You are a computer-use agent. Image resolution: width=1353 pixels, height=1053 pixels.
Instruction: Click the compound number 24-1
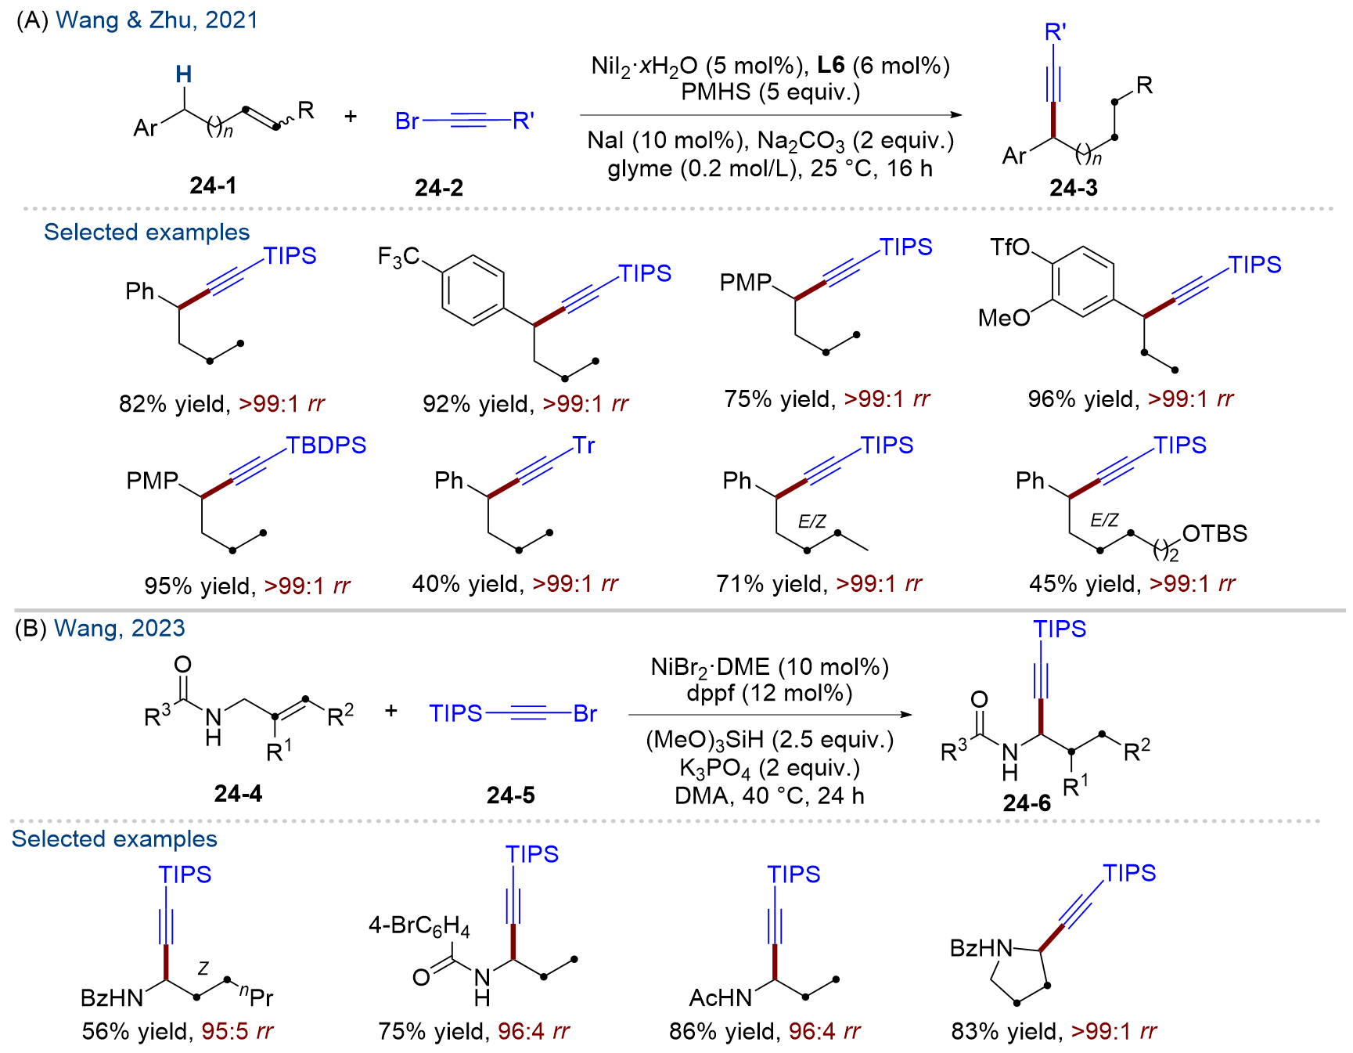tap(213, 186)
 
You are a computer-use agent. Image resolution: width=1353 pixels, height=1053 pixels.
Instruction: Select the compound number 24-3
tap(1074, 188)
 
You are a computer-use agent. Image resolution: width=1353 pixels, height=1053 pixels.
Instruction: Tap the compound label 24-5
tap(511, 795)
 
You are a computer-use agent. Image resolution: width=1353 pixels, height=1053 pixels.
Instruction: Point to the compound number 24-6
tap(1027, 803)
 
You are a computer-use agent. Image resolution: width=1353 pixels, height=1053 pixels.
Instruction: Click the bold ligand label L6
tap(831, 65)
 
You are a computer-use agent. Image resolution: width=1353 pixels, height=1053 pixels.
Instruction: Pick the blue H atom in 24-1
tap(184, 74)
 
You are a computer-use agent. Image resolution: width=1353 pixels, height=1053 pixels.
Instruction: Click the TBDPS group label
tap(326, 445)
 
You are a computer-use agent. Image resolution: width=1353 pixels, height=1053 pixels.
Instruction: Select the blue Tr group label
tap(584, 445)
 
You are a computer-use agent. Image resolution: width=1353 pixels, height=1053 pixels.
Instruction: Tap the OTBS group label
tap(1214, 534)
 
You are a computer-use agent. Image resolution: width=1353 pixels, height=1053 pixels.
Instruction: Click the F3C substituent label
tap(399, 257)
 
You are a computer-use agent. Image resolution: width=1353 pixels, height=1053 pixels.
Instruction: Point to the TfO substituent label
tap(1010, 247)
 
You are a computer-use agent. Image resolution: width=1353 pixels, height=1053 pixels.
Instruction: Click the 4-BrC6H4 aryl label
tap(419, 927)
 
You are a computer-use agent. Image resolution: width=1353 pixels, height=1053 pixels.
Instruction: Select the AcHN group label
tap(721, 997)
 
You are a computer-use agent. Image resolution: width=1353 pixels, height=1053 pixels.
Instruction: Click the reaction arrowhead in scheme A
tap(955, 115)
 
